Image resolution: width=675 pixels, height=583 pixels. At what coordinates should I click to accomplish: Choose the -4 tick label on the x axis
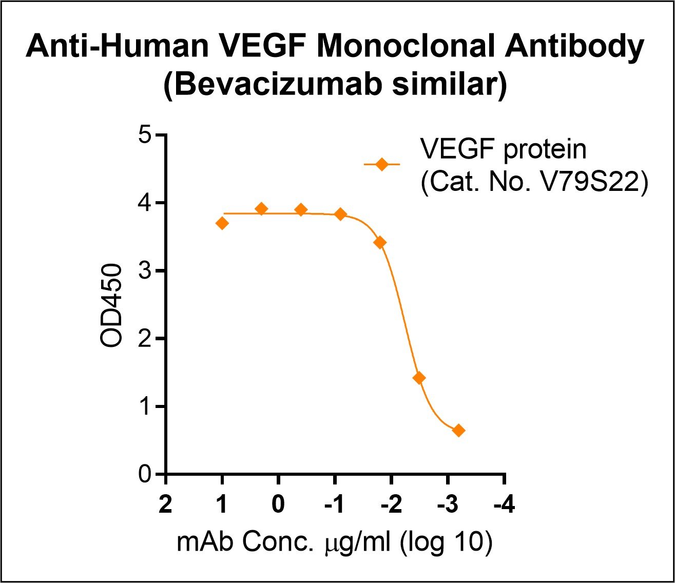(x=504, y=505)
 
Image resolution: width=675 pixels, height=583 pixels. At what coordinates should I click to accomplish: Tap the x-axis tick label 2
(x=165, y=505)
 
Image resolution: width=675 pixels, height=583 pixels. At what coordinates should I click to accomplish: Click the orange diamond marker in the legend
(x=381, y=164)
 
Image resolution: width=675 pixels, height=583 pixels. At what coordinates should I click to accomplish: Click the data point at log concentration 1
(x=222, y=223)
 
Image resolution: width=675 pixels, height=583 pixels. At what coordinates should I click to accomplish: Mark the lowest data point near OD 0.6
(x=458, y=431)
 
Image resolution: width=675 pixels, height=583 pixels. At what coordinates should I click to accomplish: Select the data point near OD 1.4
(x=419, y=378)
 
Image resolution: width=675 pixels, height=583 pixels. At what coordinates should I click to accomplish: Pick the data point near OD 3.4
(x=380, y=242)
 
